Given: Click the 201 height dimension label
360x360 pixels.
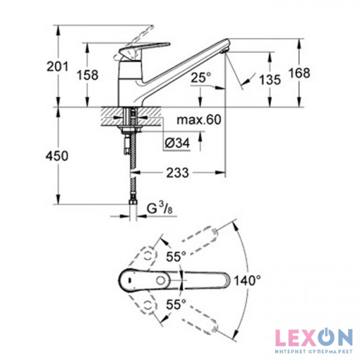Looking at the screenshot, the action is click(58, 67).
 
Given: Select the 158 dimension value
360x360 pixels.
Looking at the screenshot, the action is click(87, 75).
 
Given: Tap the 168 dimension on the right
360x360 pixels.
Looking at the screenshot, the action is click(299, 73).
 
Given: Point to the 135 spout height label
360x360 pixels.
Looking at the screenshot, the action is click(270, 80).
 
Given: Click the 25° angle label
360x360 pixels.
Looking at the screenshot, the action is click(201, 77).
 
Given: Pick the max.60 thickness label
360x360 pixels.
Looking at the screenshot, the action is click(199, 120).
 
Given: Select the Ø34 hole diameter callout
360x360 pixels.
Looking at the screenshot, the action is click(177, 143).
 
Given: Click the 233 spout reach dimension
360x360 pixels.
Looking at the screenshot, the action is click(177, 173).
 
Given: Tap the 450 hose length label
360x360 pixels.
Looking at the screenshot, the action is click(57, 156).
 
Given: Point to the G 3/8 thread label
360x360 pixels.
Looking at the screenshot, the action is click(160, 208).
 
